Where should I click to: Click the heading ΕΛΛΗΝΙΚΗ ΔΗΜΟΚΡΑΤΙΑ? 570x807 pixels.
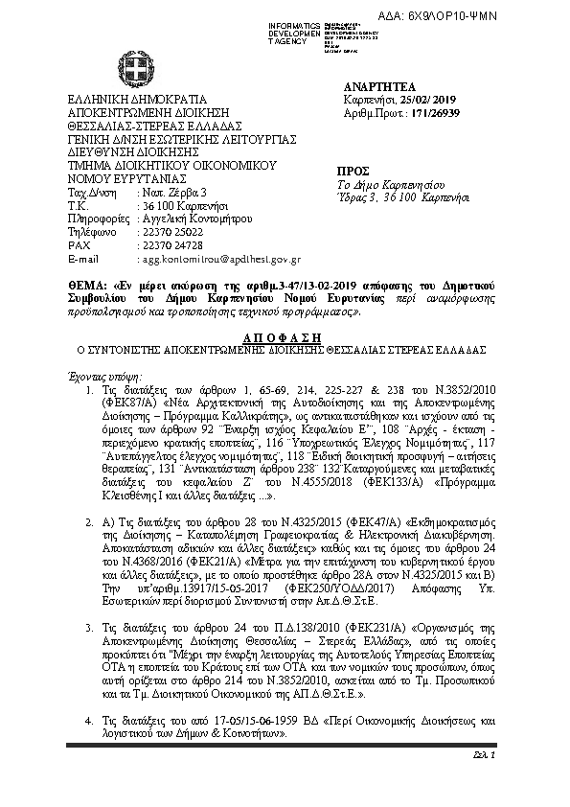coord(137,99)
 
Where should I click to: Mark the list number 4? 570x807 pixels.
coord(89,719)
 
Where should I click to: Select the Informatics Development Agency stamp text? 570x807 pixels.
coord(291,29)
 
